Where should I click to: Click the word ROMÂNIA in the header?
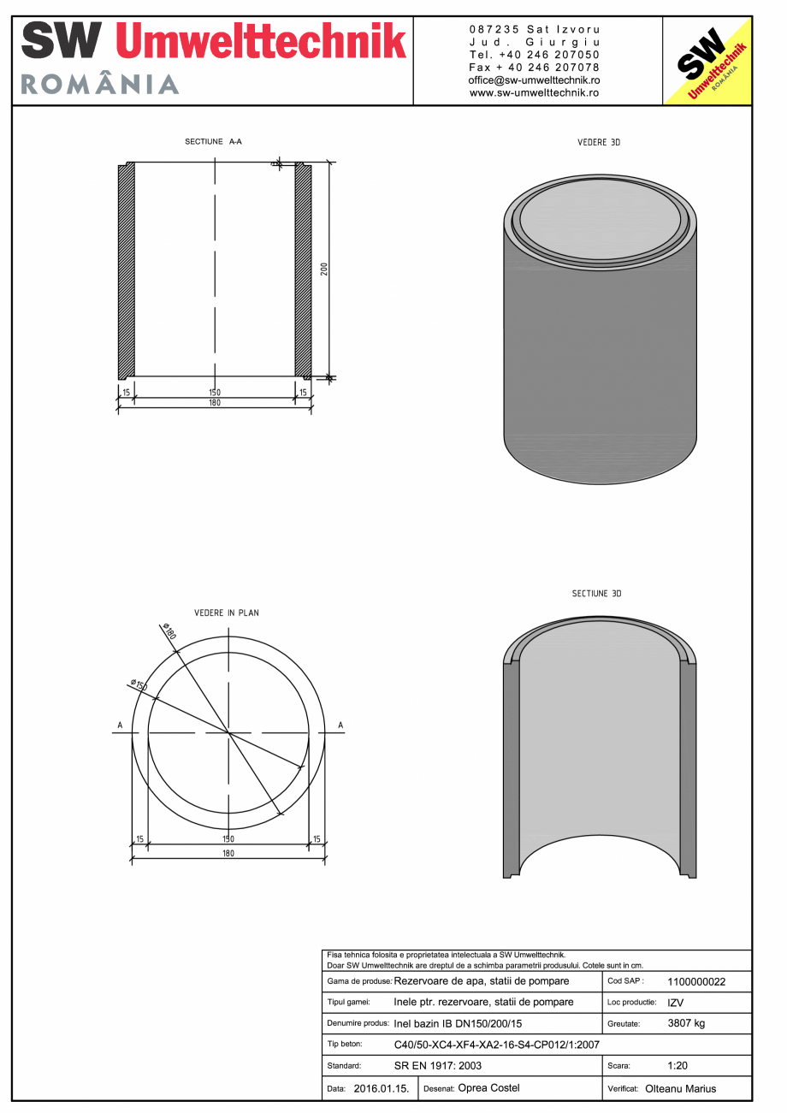point(99,84)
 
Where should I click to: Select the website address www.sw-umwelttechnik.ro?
point(534,92)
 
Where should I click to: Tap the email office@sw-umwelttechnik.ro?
point(534,80)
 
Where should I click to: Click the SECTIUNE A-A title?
point(213,141)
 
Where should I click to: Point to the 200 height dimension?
point(324,269)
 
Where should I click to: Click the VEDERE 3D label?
point(599,143)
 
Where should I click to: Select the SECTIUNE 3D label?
point(596,594)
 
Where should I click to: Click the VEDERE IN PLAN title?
point(227,613)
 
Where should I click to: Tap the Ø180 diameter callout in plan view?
point(168,634)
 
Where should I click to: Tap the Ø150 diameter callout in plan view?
point(139,685)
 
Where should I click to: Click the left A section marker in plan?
point(120,725)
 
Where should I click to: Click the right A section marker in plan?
point(340,725)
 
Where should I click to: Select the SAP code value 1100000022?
point(695,982)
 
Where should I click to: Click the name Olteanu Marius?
point(681,1089)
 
